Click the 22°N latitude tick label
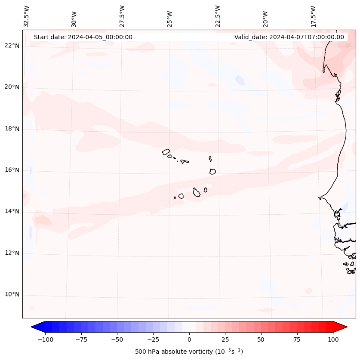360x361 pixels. [12, 46]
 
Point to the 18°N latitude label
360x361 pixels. [12, 129]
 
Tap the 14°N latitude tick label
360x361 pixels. [12, 211]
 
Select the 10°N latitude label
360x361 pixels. [12, 294]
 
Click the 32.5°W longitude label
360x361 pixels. [27, 16]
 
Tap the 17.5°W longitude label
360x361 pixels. [313, 16]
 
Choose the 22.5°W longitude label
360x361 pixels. [218, 16]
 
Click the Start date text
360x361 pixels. [83, 37]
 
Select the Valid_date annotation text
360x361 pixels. [289, 37]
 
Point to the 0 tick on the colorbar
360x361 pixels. [189, 339]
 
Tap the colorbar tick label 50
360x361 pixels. [261, 339]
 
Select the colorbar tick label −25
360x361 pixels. [152, 339]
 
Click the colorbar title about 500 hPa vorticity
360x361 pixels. [189, 352]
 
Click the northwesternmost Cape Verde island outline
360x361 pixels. [166, 151]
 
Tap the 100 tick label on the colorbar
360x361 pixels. [333, 339]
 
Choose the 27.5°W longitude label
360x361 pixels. [122, 16]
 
